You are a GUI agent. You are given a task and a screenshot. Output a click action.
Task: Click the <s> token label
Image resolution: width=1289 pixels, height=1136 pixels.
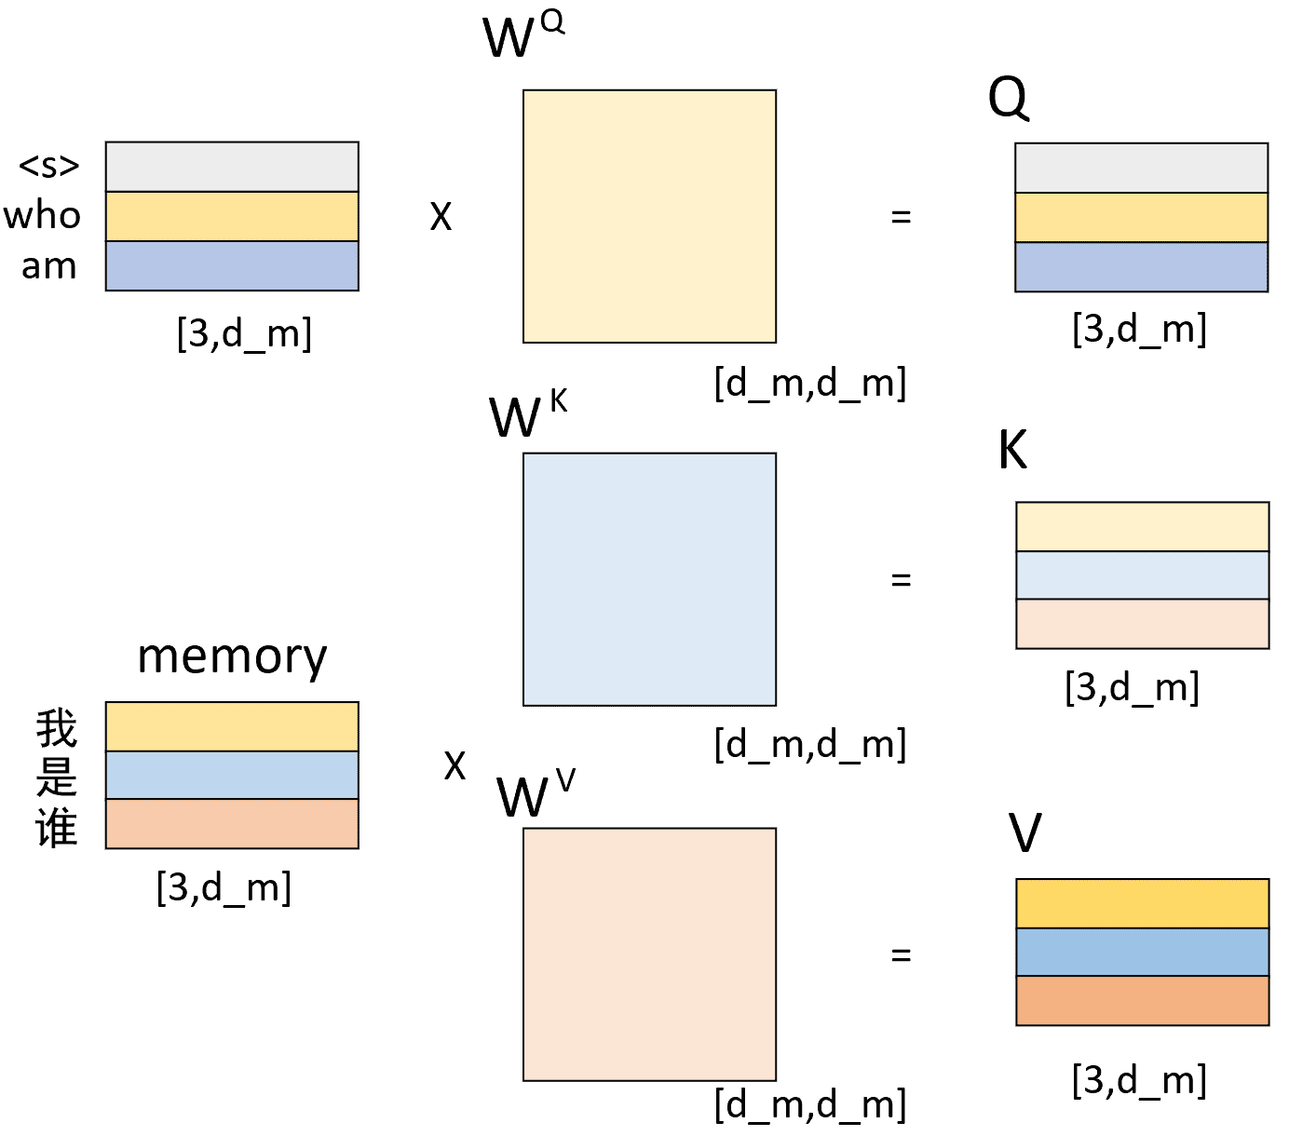49,166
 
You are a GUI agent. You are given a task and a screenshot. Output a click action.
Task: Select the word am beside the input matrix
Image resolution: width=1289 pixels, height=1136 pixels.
49,266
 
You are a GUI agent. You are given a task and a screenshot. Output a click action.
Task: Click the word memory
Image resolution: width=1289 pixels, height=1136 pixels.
232,657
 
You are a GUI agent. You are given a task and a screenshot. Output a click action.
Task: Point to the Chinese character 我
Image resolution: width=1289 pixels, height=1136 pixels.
57,728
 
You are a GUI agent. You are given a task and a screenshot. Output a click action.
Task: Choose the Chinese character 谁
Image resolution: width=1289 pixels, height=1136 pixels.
57,827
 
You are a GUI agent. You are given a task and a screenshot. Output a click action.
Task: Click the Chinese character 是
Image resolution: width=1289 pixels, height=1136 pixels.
57,778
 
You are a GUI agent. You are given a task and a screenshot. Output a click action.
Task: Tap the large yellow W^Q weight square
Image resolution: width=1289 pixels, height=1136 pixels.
649,216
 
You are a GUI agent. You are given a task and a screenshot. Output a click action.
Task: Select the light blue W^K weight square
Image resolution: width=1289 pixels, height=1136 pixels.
649,579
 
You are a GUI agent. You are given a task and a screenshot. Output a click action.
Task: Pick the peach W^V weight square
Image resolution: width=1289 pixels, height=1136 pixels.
649,954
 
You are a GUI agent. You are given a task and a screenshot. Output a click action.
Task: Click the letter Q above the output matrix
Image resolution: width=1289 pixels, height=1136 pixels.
1009,98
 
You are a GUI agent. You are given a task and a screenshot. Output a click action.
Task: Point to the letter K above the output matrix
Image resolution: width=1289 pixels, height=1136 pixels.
1013,450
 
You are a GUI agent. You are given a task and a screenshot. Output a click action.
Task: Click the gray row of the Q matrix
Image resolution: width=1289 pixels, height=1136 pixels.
1142,168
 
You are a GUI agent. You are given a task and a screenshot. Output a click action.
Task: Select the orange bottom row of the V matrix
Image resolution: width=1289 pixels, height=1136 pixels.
1143,1001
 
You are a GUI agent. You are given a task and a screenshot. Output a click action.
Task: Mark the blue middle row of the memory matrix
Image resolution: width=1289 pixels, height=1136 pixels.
232,775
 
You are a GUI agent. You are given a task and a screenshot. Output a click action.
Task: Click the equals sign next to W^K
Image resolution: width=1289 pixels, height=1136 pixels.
901,579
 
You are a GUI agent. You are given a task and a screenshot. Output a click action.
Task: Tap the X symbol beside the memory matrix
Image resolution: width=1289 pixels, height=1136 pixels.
455,765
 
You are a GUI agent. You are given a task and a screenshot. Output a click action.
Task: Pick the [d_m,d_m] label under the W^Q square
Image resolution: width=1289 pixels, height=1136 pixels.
810,383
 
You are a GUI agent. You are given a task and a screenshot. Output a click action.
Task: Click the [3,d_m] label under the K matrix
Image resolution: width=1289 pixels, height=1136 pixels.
1133,687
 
